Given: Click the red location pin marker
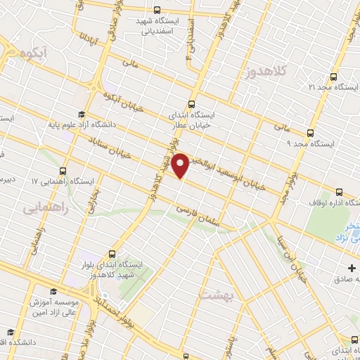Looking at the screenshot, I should click(182, 165).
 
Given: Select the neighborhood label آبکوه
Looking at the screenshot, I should click(34, 53).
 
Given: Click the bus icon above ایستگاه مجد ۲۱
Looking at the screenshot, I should click(333, 76).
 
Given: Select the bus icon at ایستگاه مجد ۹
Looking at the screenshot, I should click(309, 133).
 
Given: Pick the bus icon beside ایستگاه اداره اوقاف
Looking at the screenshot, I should click(339, 192).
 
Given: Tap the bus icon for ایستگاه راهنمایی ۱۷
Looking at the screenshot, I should click(64, 171).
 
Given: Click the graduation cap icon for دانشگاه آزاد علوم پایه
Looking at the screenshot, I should click(82, 115).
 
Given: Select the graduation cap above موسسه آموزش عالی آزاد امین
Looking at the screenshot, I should click(52, 290).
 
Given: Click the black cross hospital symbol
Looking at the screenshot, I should click(353, 268).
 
